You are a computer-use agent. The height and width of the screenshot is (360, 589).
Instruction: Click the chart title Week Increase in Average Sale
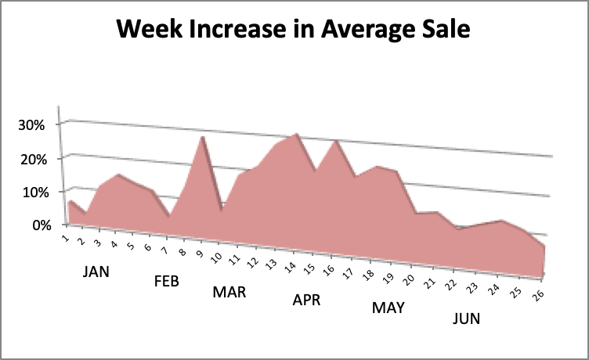tap(294, 31)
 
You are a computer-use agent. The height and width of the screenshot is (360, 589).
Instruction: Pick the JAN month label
tap(96, 272)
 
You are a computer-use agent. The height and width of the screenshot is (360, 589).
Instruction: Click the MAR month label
tap(229, 292)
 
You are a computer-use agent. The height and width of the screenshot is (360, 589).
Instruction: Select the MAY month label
tap(388, 308)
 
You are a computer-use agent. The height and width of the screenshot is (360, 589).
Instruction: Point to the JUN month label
tap(467, 319)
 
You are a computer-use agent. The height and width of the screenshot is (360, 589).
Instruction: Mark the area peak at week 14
tap(295, 134)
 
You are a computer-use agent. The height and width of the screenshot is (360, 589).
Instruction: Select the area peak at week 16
tap(335, 141)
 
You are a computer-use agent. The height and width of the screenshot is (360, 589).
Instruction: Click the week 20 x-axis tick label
tap(408, 275)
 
